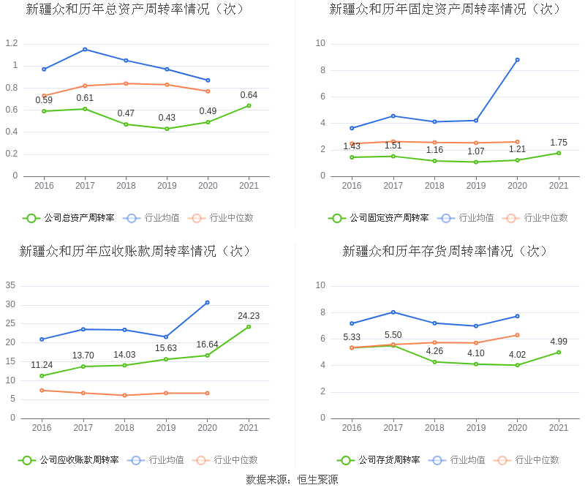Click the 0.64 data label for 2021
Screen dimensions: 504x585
tap(249, 95)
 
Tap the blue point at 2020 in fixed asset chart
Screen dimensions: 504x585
tap(517, 60)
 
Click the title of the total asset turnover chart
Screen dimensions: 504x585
tap(135, 10)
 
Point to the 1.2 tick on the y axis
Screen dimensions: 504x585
tap(11, 43)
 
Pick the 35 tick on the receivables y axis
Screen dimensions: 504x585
tap(11, 285)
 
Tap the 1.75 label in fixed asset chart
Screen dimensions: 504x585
tap(559, 143)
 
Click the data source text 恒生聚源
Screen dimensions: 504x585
tap(317, 480)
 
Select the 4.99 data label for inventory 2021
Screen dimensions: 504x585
tap(559, 342)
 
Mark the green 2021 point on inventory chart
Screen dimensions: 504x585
tap(559, 352)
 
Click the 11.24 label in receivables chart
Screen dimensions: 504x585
tap(42, 365)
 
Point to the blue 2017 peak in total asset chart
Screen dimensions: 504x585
tap(85, 49)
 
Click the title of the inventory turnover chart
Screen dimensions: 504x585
tap(445, 251)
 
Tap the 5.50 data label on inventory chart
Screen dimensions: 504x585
tap(393, 335)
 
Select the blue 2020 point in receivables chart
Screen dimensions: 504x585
tap(207, 302)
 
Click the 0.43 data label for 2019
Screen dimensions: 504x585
tap(167, 118)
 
